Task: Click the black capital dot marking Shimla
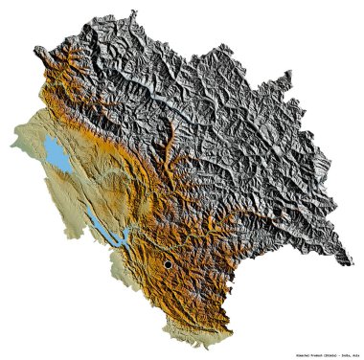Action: coord(168,264)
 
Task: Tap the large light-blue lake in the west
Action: coord(56,150)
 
